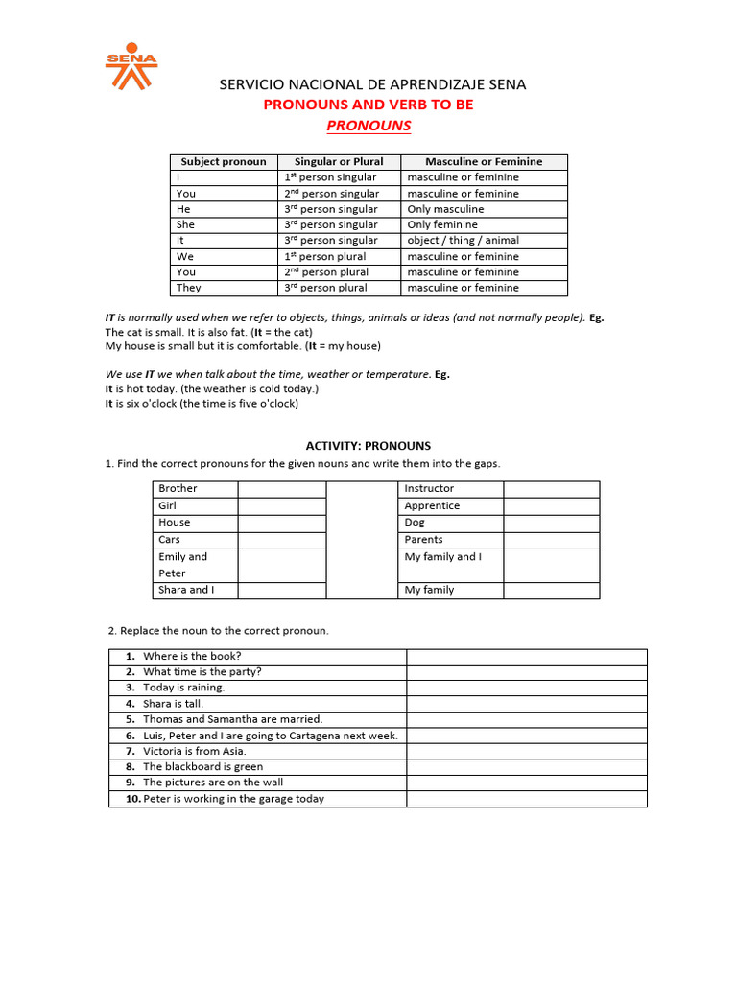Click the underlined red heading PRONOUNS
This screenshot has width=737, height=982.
(368, 126)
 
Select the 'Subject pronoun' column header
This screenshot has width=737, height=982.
(224, 162)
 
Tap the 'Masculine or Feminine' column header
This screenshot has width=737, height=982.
(484, 162)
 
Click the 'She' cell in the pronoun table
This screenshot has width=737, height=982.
(186, 224)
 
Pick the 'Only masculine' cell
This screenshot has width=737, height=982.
(445, 209)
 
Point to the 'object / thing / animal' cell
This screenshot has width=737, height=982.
(463, 241)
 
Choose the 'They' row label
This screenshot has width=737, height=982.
(189, 288)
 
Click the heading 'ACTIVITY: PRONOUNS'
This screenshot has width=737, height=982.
(368, 446)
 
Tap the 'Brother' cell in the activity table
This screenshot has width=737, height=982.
(178, 489)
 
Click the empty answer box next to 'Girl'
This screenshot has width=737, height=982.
(282, 506)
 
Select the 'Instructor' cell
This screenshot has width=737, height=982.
(429, 489)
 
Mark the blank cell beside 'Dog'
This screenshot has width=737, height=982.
(551, 523)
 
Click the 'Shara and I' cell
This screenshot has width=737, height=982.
(186, 591)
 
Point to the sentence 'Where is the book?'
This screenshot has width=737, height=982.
(192, 657)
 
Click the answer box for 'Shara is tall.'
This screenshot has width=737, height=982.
(526, 704)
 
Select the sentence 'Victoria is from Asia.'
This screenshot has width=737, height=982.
(195, 751)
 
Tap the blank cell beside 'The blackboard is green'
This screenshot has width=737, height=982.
(526, 767)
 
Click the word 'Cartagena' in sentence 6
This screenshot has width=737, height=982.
(312, 736)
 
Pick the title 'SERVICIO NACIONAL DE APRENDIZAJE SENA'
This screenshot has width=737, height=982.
(372, 84)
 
